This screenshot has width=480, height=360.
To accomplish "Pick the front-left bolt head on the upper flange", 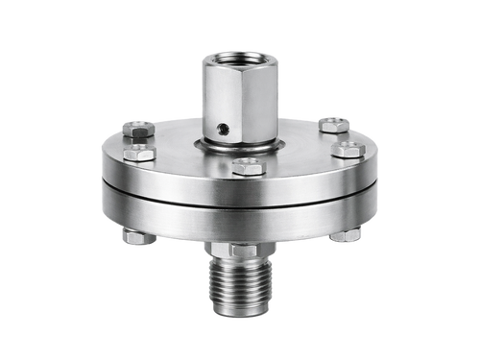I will click(140, 153).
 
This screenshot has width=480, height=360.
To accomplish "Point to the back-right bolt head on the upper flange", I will click(334, 123).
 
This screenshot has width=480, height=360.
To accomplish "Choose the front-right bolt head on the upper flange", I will click(348, 150).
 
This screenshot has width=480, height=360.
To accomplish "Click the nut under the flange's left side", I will click(134, 236).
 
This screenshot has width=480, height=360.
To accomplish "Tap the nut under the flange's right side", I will click(347, 233).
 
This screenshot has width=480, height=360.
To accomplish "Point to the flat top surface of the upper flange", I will click(298, 144).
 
